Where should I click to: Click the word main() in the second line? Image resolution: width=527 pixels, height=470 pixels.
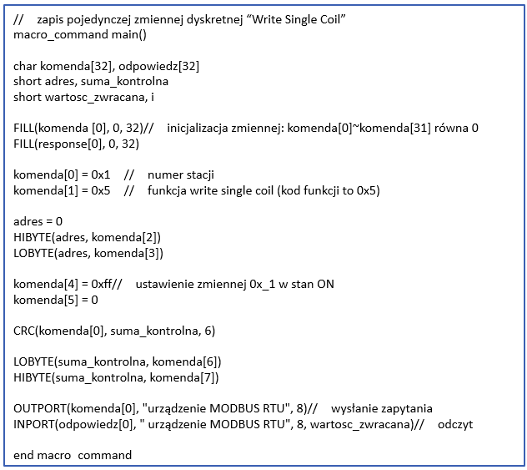[x=129, y=35]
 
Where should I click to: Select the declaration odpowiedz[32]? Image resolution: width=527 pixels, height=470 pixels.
[x=158, y=66]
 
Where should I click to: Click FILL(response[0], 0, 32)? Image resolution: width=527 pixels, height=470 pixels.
[x=76, y=144]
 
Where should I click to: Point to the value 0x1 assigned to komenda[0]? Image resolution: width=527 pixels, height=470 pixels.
[x=101, y=175]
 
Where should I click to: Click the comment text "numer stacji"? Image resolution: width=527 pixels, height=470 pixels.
[x=181, y=175]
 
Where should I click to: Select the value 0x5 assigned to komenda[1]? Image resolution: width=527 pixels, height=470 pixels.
[x=101, y=191]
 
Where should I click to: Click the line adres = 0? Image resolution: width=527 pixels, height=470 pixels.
[x=38, y=221]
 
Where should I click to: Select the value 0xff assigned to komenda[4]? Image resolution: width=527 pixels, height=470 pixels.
[x=102, y=284]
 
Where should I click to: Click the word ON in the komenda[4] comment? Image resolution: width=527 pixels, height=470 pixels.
[x=326, y=285]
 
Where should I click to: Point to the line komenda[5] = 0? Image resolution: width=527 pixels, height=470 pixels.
[x=56, y=300]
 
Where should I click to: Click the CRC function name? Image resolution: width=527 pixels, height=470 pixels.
[x=24, y=331]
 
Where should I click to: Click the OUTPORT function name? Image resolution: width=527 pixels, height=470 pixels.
[x=40, y=408]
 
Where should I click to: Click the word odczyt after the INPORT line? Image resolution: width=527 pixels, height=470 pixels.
[x=455, y=424]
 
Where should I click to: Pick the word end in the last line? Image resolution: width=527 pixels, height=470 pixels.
[x=23, y=455]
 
